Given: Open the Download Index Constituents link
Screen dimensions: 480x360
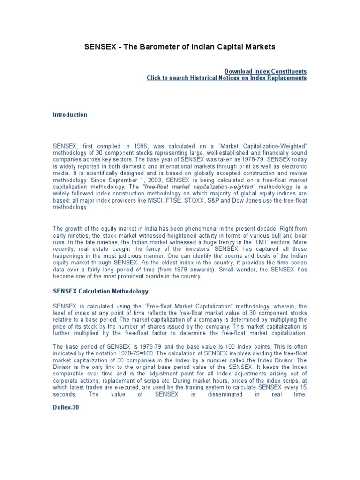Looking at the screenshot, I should pos(265,71).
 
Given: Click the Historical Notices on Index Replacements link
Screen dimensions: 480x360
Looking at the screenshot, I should pos(227,78).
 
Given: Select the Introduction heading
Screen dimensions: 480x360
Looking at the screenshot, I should pos(70,115).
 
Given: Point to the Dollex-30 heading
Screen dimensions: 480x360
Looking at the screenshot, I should pos(66,408).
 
